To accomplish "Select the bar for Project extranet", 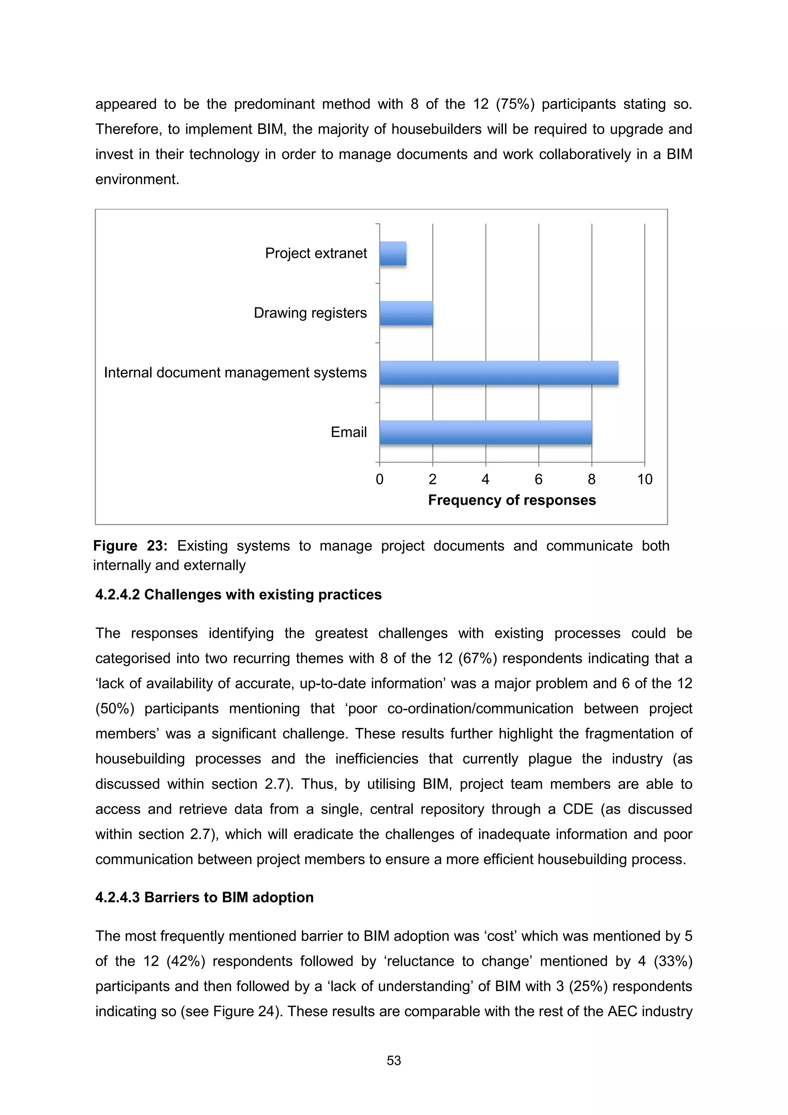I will [393, 254].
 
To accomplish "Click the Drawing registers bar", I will [406, 313].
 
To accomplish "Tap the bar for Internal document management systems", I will [499, 373].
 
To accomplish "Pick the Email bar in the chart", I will [486, 432].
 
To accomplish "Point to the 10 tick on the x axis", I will [644, 480].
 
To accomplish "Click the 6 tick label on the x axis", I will [538, 480].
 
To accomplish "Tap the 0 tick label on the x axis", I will [380, 480].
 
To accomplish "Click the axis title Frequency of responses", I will [512, 500].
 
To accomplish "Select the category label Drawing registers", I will [310, 313].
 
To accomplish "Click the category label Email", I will [349, 432].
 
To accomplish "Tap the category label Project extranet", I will [316, 253].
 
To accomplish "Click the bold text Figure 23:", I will [130, 546].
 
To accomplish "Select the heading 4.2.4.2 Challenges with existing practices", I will [239, 595].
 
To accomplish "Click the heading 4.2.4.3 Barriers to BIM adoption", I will [204, 898].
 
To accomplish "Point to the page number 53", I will [394, 1061].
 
